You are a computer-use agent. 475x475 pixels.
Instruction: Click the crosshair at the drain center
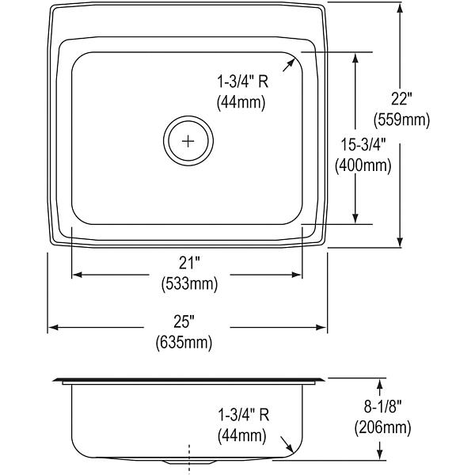click(188, 141)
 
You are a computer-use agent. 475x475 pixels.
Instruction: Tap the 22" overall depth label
click(401, 99)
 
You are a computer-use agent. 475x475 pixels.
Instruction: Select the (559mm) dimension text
click(401, 120)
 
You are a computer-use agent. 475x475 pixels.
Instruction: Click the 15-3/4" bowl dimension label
click(363, 144)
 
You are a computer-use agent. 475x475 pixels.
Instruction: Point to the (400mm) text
click(363, 165)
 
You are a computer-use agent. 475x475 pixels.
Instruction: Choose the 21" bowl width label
click(189, 263)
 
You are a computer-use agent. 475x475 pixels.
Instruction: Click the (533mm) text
click(189, 284)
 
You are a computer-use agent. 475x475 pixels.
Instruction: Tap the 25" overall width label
click(184, 321)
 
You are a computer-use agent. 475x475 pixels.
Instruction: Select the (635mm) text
click(184, 343)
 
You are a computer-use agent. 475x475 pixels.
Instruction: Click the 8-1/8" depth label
click(382, 406)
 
